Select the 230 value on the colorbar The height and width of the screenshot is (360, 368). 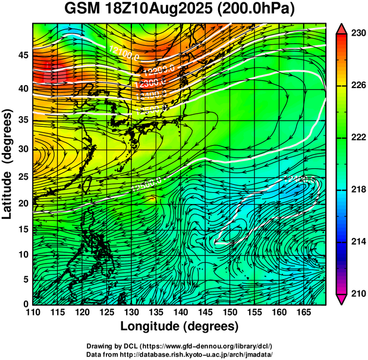point(358,33)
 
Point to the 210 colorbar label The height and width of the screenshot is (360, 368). point(358,293)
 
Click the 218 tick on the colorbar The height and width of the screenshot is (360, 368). point(358,189)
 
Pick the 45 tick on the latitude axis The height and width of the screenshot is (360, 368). point(21,55)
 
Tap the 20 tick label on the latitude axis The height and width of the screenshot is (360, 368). point(21,203)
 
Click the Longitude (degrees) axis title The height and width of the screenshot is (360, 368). point(180,326)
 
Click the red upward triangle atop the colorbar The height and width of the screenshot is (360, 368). point(340,29)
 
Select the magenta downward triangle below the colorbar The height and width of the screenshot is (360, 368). point(340,299)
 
